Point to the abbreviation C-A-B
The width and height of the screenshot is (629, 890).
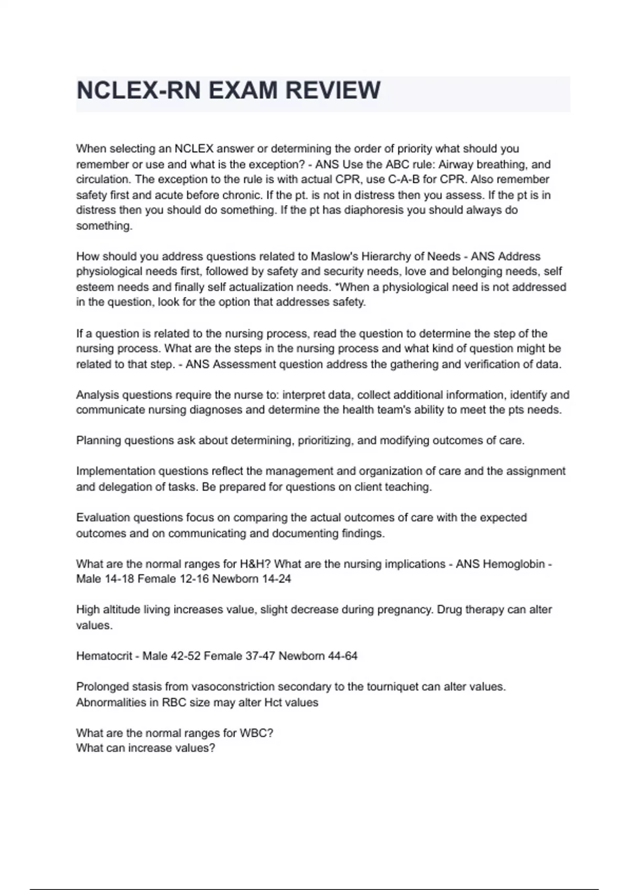[x=403, y=180]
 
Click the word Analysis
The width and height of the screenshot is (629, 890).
[x=97, y=395]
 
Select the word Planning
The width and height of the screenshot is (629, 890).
[x=98, y=441]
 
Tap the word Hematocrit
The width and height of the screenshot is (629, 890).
[x=104, y=656]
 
